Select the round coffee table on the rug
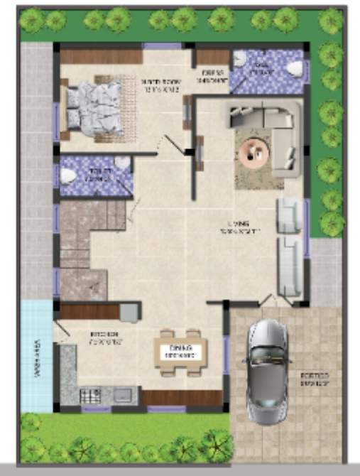[253, 151]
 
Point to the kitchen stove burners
[91, 395]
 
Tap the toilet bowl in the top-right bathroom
[293, 68]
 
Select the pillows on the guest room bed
[72, 107]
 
